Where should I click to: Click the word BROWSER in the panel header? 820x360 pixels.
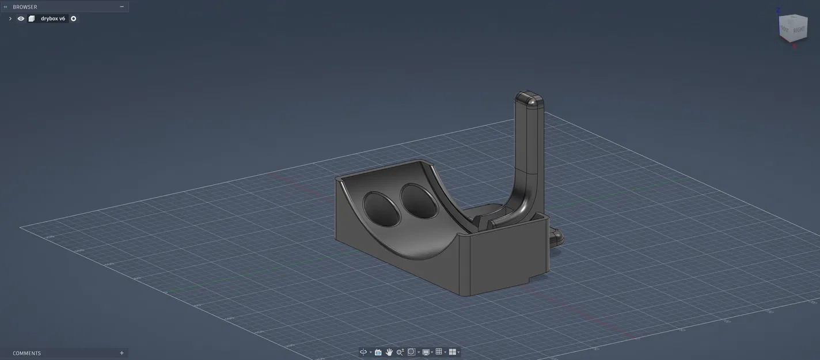click(x=25, y=7)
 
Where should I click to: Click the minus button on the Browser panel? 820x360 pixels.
click(x=122, y=7)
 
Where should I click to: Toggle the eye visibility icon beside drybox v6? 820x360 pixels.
click(x=21, y=18)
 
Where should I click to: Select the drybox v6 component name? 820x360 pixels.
click(x=53, y=18)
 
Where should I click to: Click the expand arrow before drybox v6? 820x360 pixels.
click(x=10, y=18)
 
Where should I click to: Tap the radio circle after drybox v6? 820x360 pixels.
click(x=74, y=18)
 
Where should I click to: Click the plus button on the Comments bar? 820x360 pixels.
click(x=122, y=353)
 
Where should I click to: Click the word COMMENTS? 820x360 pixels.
click(x=27, y=353)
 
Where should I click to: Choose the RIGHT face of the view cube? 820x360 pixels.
click(x=799, y=29)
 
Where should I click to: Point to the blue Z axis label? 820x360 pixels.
click(x=779, y=10)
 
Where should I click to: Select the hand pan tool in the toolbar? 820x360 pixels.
click(x=389, y=352)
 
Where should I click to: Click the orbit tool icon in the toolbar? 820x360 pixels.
click(x=363, y=352)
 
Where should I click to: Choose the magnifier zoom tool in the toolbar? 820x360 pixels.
click(x=400, y=352)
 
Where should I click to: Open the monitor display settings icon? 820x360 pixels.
click(x=426, y=352)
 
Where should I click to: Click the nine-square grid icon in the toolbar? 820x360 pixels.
click(x=439, y=352)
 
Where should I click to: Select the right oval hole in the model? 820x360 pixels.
click(x=419, y=201)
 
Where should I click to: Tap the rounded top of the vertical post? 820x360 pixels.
click(x=529, y=99)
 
